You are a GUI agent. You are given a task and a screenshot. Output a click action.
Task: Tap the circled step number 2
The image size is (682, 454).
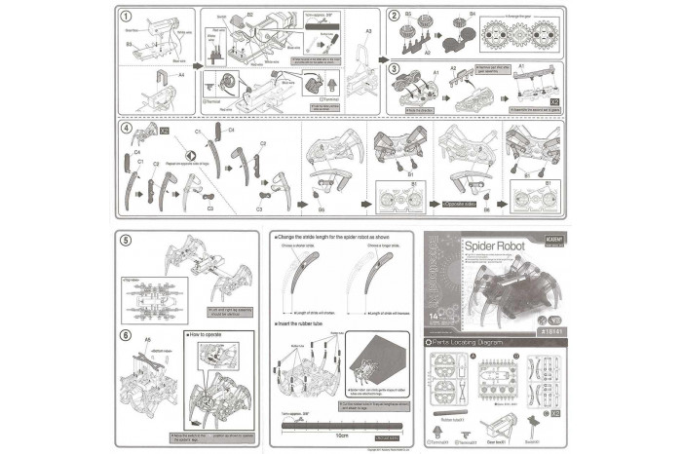pos(393,16)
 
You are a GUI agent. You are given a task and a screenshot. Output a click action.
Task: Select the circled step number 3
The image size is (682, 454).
pos(393,69)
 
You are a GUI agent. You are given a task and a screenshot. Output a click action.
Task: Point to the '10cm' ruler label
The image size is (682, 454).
pos(339,434)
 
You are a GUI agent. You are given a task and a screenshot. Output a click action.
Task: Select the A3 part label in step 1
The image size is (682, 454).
pos(368,32)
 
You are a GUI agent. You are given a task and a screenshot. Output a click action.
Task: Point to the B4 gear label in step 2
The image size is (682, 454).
pos(472,15)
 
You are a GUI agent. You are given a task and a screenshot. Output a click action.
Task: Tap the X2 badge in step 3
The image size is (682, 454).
pos(553,100)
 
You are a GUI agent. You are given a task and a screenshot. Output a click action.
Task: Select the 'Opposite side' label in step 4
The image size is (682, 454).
pos(459,205)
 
